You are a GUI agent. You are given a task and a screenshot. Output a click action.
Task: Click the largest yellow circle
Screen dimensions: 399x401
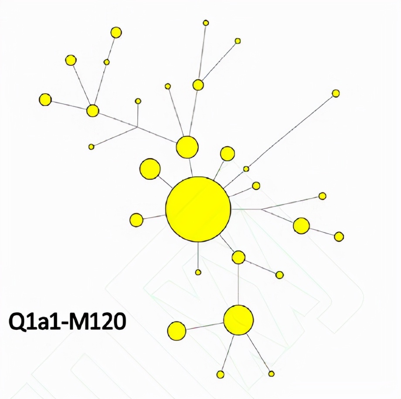coord(198,209)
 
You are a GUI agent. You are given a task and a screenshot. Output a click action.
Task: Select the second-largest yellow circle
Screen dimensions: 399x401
coord(238,320)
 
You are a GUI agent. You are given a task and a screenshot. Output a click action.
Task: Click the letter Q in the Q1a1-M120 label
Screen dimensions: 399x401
coord(18,323)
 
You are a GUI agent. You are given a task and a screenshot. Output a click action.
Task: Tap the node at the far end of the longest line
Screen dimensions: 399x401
coord(336,93)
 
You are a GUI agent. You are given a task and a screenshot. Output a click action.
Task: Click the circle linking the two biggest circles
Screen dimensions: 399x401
coord(238,257)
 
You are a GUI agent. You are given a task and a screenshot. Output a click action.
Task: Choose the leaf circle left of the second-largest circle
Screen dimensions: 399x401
coord(177,331)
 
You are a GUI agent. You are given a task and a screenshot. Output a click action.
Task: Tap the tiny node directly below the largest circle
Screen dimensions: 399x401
coord(198,272)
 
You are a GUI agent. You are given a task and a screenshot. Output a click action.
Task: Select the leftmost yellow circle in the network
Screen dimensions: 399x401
coord(45,100)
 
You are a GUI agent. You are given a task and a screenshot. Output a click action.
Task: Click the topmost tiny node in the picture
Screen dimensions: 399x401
coord(206,23)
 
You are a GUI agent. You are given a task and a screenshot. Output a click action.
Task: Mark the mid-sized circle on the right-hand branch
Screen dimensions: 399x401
coord(301,226)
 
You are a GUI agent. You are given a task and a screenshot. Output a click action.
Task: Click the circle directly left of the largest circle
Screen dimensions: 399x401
coord(136,220)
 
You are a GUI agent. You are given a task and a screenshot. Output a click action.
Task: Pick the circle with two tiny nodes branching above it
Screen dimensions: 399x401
coord(198,85)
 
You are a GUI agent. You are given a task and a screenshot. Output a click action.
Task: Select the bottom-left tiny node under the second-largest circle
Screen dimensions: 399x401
coord(221,375)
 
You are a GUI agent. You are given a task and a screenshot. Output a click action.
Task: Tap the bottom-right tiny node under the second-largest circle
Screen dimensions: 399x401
coord(272,374)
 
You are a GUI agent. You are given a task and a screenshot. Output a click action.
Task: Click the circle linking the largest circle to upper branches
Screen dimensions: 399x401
coord(187,147)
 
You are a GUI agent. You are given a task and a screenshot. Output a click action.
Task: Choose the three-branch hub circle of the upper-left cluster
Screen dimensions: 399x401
coord(92,111)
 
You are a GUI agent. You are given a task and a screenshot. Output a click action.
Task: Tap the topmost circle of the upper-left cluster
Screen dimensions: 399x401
coord(116,32)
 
